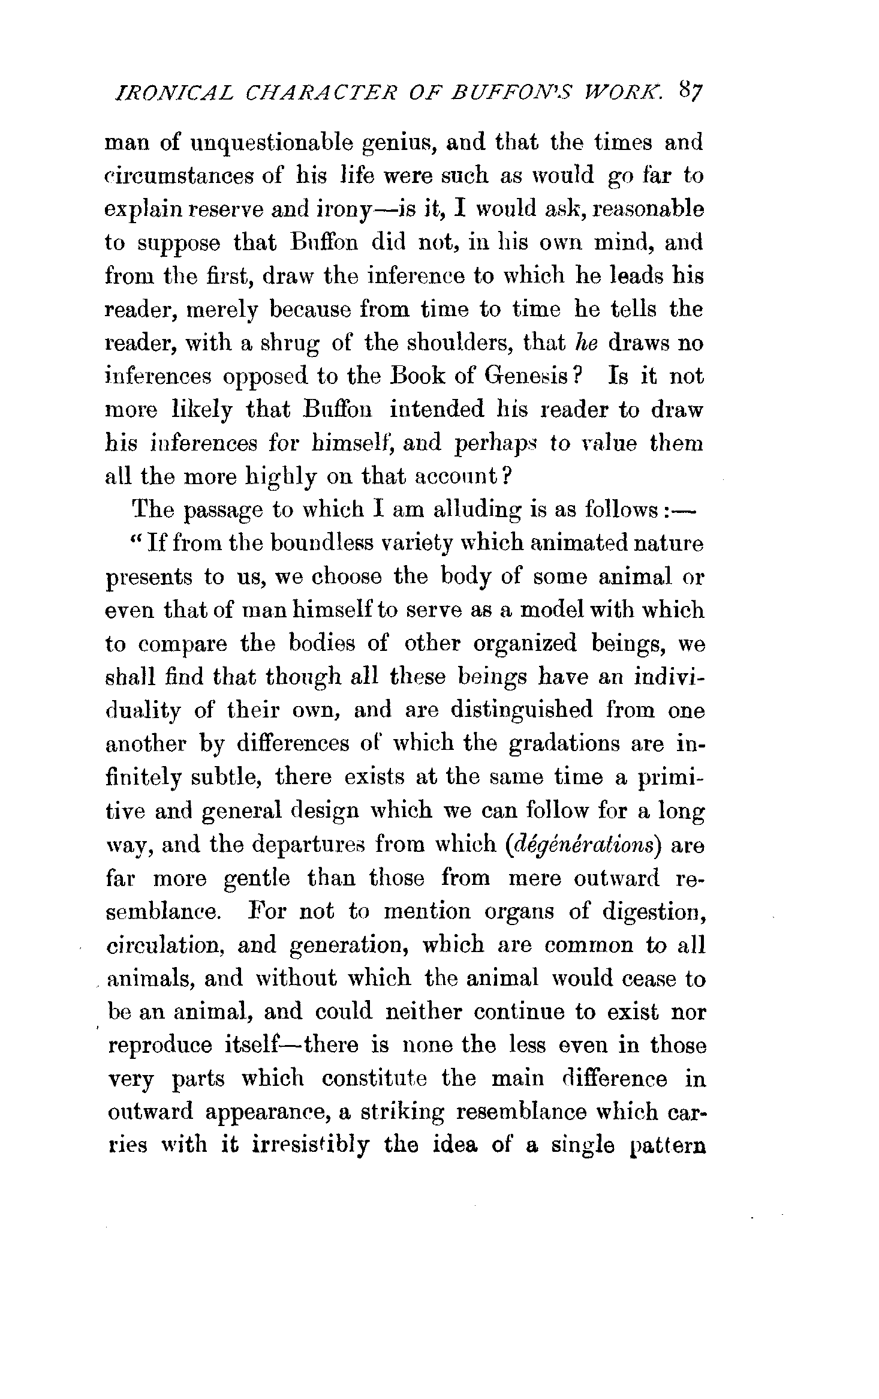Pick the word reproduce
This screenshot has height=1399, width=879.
point(160,1046)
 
